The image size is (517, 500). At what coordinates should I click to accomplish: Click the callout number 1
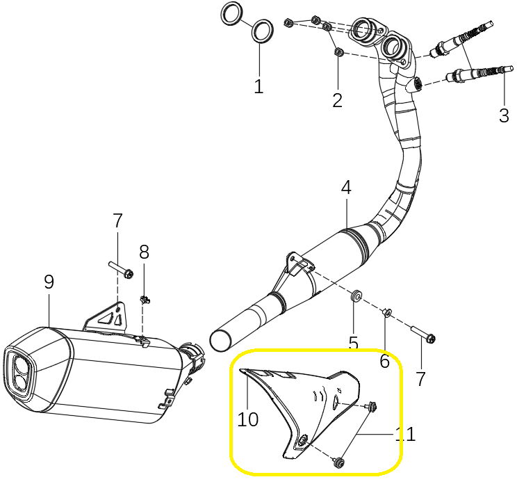(x=258, y=86)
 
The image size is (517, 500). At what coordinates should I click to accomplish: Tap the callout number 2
(x=337, y=100)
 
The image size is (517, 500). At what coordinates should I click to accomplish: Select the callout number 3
(x=504, y=115)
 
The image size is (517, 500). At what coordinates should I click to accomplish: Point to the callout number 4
(x=346, y=188)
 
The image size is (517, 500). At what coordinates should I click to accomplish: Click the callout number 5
(x=354, y=343)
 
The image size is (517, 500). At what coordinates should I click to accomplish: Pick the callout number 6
(x=385, y=361)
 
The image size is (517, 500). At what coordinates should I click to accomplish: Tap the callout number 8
(x=144, y=252)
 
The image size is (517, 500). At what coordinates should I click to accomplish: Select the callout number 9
(x=49, y=282)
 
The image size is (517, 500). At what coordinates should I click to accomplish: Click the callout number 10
(x=248, y=419)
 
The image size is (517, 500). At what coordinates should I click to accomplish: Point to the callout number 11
(x=405, y=434)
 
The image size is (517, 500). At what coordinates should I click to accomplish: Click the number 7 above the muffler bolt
(x=117, y=220)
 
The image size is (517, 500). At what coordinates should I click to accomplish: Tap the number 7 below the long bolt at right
(x=420, y=378)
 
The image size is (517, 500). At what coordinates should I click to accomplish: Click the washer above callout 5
(x=356, y=296)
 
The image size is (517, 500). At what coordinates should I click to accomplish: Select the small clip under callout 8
(x=145, y=300)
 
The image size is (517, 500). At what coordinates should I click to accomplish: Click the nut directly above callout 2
(x=338, y=52)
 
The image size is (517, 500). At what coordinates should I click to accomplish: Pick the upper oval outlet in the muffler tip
(x=20, y=364)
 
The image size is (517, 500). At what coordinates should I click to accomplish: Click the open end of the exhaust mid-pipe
(x=220, y=340)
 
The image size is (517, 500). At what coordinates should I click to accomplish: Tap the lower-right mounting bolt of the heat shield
(x=338, y=462)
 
